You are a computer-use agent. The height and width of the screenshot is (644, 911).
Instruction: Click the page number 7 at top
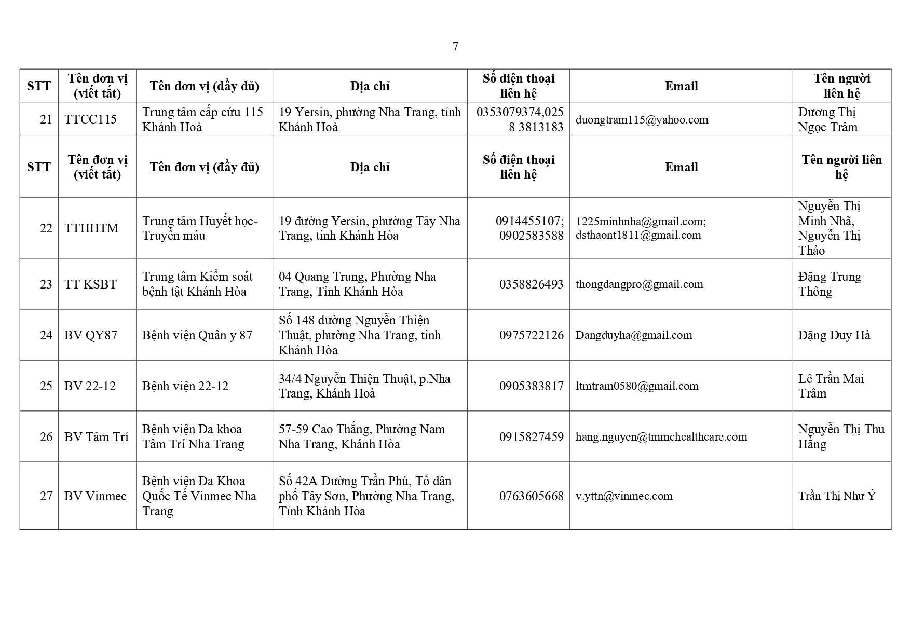455,47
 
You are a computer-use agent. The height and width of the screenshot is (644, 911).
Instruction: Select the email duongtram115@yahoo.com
642,120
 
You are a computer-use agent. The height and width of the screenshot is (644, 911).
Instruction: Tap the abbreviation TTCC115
90,120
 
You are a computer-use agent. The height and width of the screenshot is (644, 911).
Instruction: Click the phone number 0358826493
531,284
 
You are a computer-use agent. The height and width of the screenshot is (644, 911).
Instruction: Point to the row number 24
46,335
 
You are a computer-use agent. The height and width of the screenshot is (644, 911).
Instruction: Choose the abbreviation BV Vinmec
95,496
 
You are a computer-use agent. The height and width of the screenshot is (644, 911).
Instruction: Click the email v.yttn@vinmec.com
623,496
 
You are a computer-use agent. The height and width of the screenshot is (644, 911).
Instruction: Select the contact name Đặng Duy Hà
834,335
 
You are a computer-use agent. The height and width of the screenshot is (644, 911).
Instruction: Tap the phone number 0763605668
531,496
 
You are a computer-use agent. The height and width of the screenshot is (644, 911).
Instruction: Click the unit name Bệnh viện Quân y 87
197,335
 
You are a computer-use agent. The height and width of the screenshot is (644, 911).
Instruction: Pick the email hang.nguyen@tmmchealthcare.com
661,437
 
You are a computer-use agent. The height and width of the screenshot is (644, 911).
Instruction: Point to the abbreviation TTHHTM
91,228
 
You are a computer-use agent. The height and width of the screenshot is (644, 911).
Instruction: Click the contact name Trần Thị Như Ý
836,496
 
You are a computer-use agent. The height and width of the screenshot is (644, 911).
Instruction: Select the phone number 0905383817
531,386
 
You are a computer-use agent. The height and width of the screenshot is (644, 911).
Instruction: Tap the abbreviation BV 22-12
90,386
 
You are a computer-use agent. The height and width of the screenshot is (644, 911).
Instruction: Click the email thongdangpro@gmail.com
639,284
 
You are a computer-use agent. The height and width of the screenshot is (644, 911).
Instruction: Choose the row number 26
46,437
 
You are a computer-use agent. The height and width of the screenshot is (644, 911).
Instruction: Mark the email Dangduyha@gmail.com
633,335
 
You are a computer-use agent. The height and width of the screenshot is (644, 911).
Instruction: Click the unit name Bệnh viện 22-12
185,386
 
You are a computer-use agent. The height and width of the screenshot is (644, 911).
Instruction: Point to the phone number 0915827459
531,437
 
